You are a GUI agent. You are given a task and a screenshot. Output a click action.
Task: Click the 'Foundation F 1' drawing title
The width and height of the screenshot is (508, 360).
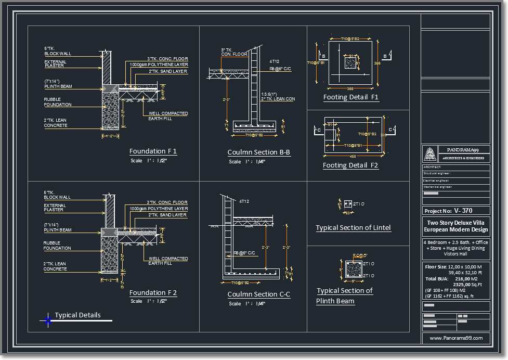point(153,151)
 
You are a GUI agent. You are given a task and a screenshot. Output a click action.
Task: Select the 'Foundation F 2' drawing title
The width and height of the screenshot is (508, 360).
point(153,293)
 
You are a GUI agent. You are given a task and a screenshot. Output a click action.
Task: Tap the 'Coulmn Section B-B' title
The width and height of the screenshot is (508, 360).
point(258,152)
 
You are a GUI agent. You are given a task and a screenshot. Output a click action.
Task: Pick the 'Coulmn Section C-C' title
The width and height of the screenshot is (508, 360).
point(258,294)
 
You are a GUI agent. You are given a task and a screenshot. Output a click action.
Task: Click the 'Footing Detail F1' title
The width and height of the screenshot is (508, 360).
point(351,97)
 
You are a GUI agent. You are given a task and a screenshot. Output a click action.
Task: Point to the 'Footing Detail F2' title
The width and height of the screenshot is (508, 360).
point(350,165)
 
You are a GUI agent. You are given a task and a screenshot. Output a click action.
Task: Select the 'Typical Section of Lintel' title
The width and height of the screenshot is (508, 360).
point(353,228)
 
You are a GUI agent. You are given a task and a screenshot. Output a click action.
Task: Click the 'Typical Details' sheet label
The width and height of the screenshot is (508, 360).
point(77,315)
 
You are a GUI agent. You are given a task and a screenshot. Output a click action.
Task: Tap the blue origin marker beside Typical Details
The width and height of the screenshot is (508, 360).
point(48,320)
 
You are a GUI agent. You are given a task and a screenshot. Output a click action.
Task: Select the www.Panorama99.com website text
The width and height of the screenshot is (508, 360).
point(455,338)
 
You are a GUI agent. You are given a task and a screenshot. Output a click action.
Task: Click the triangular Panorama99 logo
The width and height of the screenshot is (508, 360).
point(430,154)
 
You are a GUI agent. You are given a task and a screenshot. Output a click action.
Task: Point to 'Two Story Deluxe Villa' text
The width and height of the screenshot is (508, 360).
point(455,223)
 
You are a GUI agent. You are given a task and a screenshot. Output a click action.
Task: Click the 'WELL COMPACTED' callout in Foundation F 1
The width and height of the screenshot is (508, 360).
point(168,113)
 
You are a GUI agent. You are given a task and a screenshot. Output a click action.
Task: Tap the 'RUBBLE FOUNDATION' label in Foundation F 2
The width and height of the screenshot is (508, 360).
point(57,246)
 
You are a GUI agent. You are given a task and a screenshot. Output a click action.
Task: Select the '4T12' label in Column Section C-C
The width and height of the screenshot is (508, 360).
point(244,201)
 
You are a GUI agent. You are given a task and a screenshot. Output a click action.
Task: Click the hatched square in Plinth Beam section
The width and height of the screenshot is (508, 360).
point(353,269)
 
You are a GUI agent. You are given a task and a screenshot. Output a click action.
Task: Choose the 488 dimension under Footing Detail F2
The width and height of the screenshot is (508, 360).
point(353,156)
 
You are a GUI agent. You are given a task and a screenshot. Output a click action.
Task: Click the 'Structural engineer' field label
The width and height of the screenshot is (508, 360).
point(437,173)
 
